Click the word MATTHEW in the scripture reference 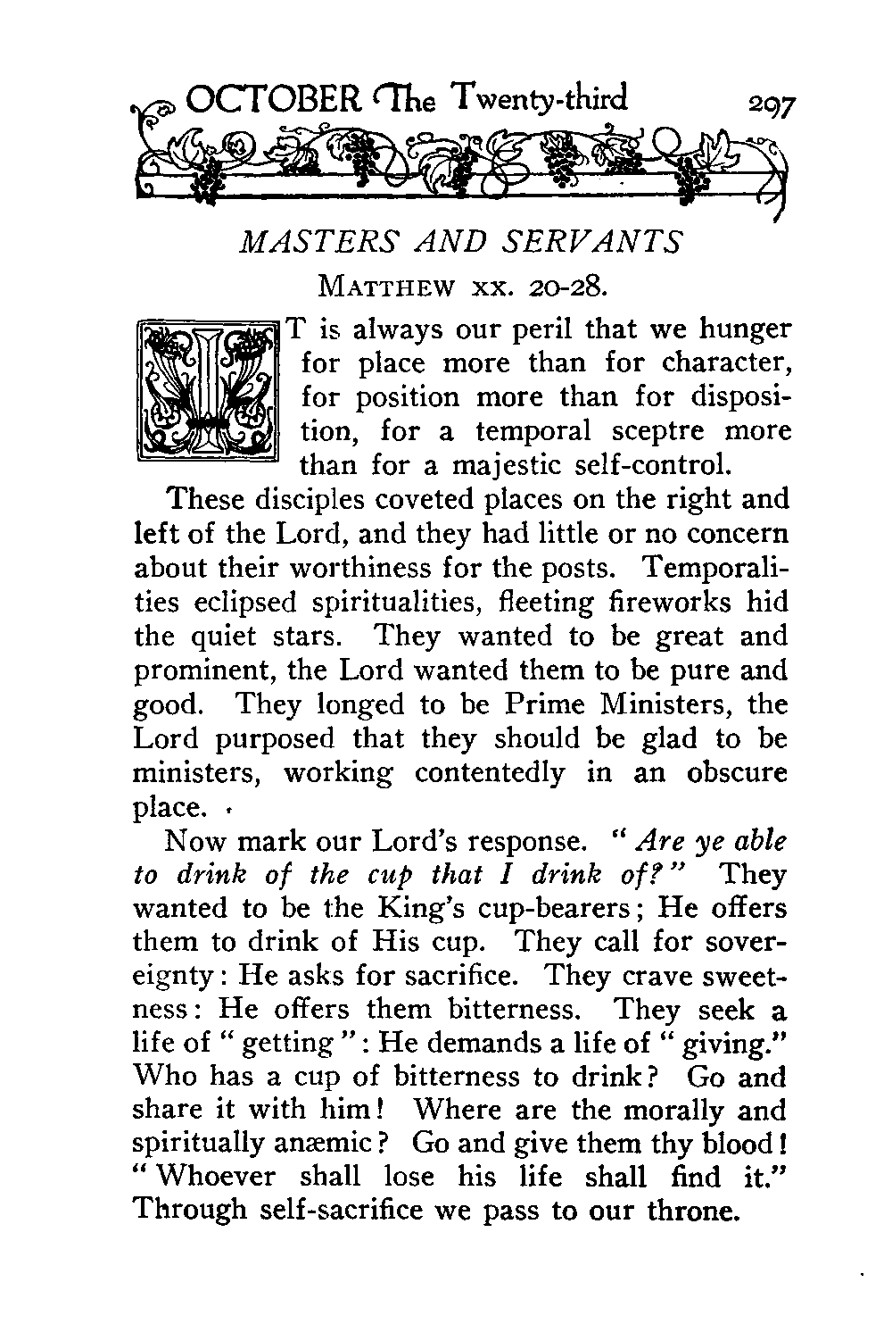coord(386,287)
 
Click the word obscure coord(738,772)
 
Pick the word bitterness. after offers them coord(513,1010)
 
